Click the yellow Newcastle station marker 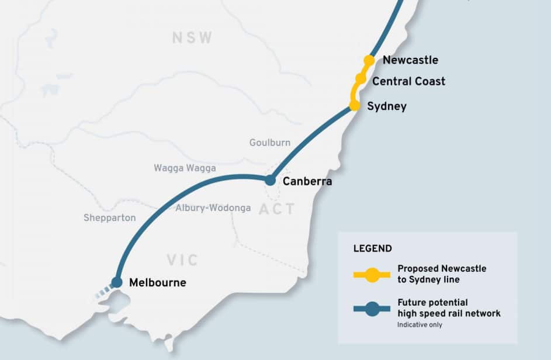tap(369, 60)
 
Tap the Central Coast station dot tap(361, 78)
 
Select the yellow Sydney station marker tap(354, 106)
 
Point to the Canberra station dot tap(270, 181)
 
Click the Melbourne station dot tap(117, 282)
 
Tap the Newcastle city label tap(410, 60)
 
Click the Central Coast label tap(408, 81)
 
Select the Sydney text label tap(386, 106)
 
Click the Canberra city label tap(307, 181)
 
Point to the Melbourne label tap(158, 283)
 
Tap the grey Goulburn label tap(269, 143)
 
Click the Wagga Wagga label tap(185, 168)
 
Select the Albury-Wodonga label tap(213, 208)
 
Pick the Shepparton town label tap(109, 218)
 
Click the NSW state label tap(192, 39)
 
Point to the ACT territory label tap(276, 209)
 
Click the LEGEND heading tap(372, 248)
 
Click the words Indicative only tap(418, 324)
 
